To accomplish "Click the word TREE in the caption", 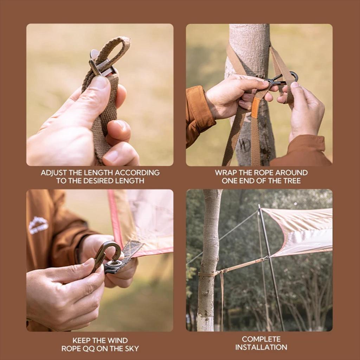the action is pos(291,181).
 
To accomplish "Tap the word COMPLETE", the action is pos(261,339).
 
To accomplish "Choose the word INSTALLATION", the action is pos(261,347).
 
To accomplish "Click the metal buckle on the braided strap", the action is pos(101,65).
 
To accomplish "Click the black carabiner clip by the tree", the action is pos(281,79).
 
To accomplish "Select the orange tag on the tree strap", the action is pos(255,108).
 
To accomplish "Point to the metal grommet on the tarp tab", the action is pos(114,263).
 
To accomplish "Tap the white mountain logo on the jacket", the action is pos(38,225).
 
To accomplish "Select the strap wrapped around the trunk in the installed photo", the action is pos(208,274).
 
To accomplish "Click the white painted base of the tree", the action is pos(205,323).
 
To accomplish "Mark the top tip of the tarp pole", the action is pos(259,205).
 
